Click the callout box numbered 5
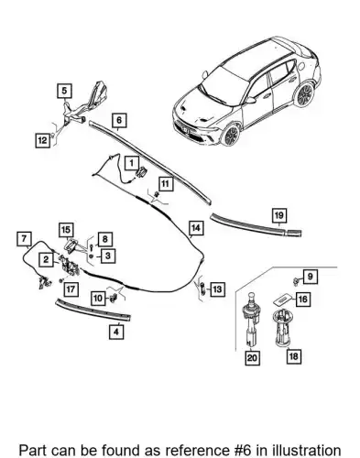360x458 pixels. pyautogui.click(x=64, y=91)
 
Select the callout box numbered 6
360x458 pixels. pyautogui.click(x=119, y=120)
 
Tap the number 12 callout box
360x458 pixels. pyautogui.click(x=43, y=140)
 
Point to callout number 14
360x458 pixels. pyautogui.click(x=196, y=228)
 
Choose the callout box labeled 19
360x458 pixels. pyautogui.click(x=279, y=215)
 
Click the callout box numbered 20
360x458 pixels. pyautogui.click(x=252, y=357)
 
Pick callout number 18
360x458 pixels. pyautogui.click(x=294, y=356)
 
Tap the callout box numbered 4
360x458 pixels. pyautogui.click(x=116, y=332)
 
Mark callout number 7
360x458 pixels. pyautogui.click(x=24, y=239)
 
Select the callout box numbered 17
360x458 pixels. pyautogui.click(x=71, y=289)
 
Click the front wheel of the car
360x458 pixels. pyautogui.click(x=231, y=135)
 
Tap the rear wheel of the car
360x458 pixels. pyautogui.click(x=303, y=94)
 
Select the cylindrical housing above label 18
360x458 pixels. pyautogui.click(x=281, y=328)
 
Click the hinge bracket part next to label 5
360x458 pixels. pyautogui.click(x=85, y=103)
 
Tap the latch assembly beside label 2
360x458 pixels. pyautogui.click(x=70, y=266)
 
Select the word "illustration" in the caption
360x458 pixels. pyautogui.click(x=307, y=451)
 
